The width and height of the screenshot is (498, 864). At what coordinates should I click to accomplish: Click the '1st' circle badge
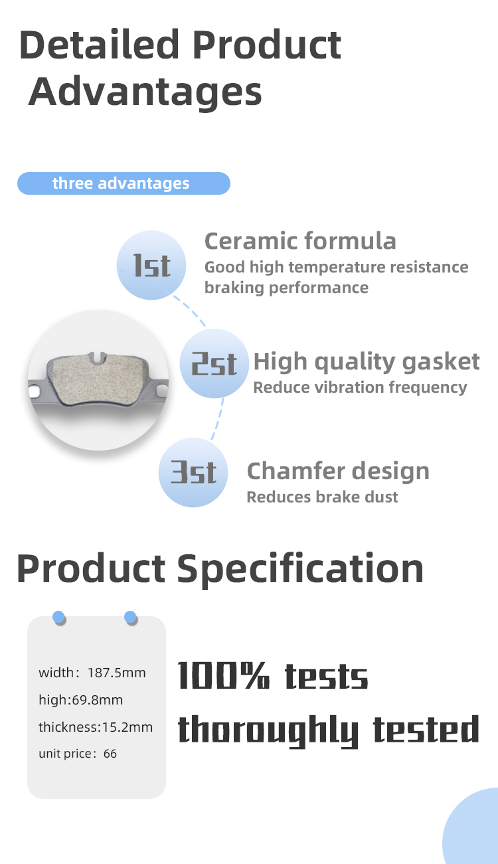click(151, 265)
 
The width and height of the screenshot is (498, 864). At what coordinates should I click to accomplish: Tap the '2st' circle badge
click(214, 364)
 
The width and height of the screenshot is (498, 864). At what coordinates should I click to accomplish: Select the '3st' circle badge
click(193, 472)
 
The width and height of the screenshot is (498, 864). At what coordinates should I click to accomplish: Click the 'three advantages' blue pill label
click(124, 183)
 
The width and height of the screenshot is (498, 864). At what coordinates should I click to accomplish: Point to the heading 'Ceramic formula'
click(300, 241)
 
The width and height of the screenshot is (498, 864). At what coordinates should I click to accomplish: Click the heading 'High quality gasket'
click(366, 362)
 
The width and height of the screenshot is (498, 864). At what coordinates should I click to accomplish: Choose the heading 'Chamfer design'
click(338, 471)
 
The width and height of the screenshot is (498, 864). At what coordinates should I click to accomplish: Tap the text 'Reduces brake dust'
click(322, 497)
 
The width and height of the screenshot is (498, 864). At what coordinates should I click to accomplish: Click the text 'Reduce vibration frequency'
click(360, 387)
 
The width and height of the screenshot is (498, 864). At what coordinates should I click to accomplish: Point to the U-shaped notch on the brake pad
click(97, 358)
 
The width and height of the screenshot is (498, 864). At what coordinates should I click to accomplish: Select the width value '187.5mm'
click(116, 673)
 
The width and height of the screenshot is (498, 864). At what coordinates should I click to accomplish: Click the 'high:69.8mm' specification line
click(80, 700)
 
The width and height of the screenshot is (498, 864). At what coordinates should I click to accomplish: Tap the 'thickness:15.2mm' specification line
click(96, 727)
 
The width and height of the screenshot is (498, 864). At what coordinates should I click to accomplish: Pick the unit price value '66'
click(110, 754)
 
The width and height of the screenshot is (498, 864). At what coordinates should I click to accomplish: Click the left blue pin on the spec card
click(58, 617)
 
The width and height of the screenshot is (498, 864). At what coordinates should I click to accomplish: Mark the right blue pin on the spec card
click(130, 617)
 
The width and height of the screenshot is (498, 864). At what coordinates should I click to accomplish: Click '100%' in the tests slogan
click(224, 675)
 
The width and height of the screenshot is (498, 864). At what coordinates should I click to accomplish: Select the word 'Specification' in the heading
click(300, 569)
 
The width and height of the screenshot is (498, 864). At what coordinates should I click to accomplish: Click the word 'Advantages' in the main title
click(145, 92)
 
